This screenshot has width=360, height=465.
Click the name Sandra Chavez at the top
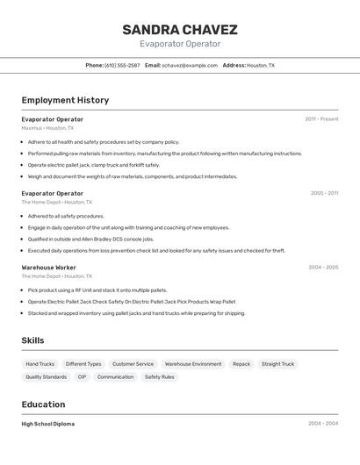coord(180,30)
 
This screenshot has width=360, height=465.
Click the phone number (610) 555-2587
coord(122,65)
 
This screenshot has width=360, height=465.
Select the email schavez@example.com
coord(190,65)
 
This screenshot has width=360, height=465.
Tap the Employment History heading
coord(65,100)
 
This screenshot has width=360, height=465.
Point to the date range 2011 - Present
coord(321,118)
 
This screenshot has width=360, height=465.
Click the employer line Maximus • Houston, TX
coord(47,128)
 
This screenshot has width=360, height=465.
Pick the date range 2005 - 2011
coord(324,192)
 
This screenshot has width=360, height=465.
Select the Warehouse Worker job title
coord(48,267)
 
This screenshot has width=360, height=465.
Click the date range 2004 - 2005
coord(323,267)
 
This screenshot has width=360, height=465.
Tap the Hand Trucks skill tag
coord(40,363)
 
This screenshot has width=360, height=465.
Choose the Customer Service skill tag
coord(133,363)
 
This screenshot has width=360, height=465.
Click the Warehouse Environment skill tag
coord(193,363)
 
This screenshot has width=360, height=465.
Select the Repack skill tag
coord(241,363)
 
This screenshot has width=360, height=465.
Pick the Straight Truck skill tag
coord(277,363)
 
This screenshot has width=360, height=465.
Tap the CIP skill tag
coord(82,376)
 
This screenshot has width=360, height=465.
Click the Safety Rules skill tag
coord(159,376)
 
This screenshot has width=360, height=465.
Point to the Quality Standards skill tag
coord(46,376)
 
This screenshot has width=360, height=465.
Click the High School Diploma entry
coord(47,424)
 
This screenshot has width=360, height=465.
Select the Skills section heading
coord(32,340)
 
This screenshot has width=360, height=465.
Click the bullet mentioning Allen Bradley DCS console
coord(90,239)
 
